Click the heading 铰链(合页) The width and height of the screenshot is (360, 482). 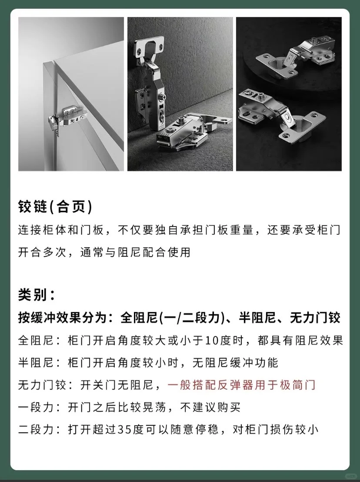coord(55,207)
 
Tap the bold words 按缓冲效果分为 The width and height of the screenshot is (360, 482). coord(62,318)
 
